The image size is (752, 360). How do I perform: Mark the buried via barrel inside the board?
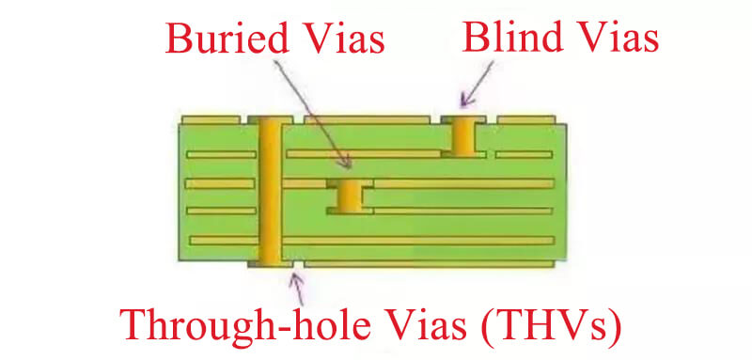click(x=351, y=196)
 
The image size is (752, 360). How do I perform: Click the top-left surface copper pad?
click(x=211, y=120)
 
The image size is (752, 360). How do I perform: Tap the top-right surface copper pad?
click(x=525, y=120)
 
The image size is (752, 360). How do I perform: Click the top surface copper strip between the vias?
click(x=367, y=120)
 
